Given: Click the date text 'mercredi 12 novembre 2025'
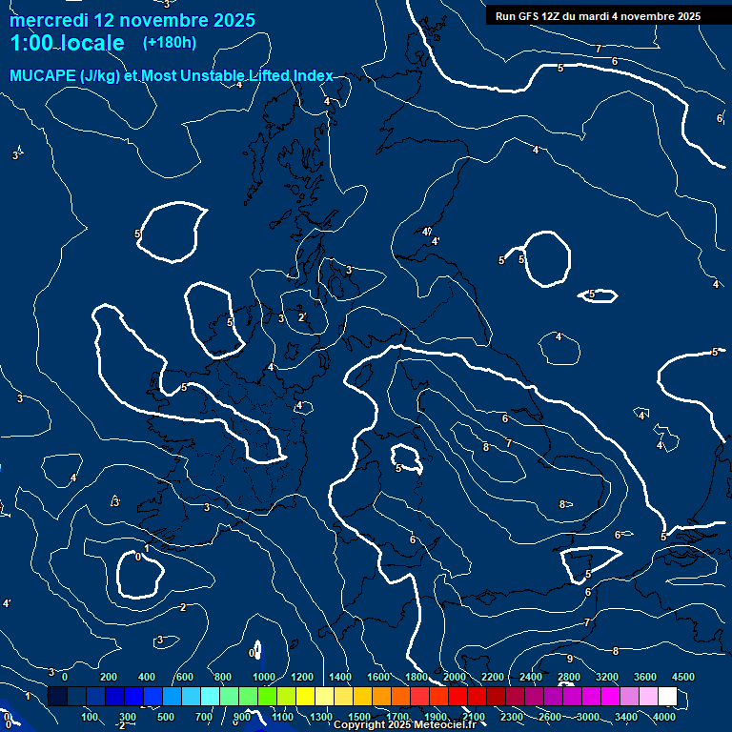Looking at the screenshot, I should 132,20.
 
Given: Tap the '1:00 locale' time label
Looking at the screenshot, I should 67,43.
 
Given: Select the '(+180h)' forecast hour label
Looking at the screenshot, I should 169,42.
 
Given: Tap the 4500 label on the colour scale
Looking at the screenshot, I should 683,677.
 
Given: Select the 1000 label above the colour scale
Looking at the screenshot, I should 264,677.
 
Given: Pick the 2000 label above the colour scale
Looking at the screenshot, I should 455,677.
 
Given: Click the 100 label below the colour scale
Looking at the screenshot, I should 90,717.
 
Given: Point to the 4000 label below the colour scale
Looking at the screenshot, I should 664,717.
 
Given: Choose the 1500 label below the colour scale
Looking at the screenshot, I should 359,717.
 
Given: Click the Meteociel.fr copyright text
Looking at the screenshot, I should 404,725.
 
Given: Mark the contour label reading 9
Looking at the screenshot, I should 569,659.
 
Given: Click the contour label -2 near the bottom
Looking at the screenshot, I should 121,725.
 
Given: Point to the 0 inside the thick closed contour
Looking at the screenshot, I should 139,556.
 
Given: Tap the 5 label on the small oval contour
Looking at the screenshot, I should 592,295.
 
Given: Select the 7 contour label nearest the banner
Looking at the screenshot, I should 598,49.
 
